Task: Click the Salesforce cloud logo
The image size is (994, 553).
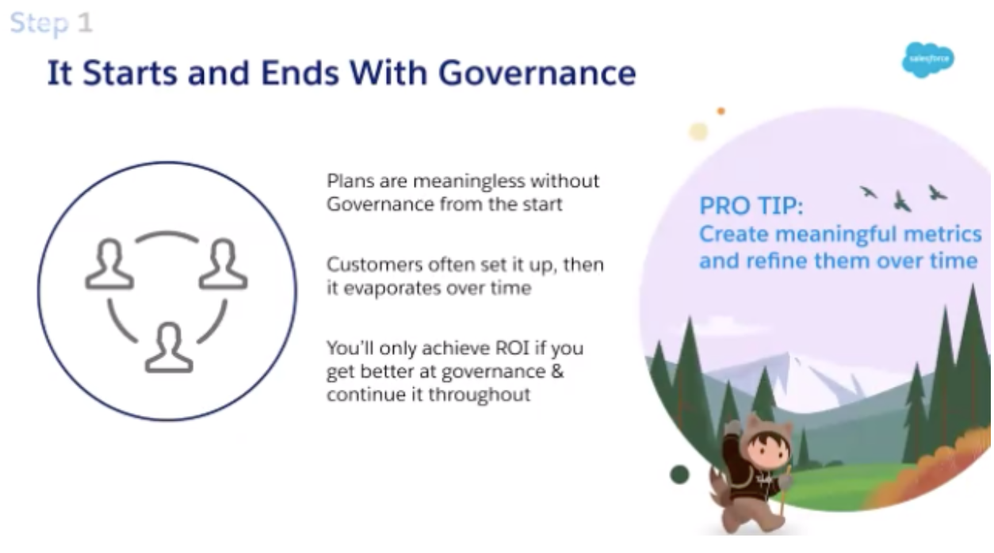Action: coord(928,59)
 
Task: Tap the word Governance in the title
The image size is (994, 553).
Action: coord(537,73)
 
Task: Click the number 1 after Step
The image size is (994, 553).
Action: coord(86,22)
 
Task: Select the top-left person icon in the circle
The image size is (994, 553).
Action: coord(109,265)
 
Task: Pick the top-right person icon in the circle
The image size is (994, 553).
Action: coord(223,265)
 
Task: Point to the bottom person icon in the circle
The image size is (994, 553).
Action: coord(169,347)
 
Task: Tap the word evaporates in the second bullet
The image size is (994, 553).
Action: coord(392,288)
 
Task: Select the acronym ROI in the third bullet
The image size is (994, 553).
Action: coord(512,348)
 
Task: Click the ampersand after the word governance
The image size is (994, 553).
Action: coord(557,372)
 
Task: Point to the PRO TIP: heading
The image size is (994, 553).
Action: coord(751,206)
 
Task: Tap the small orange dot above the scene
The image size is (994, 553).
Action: coord(721,111)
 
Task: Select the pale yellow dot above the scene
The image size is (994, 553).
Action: coord(698,132)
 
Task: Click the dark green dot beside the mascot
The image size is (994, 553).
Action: coord(679,474)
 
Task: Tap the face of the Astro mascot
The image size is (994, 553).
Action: coord(767,452)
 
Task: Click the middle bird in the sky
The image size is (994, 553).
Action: coord(902,202)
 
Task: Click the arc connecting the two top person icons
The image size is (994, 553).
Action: coord(166,233)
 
